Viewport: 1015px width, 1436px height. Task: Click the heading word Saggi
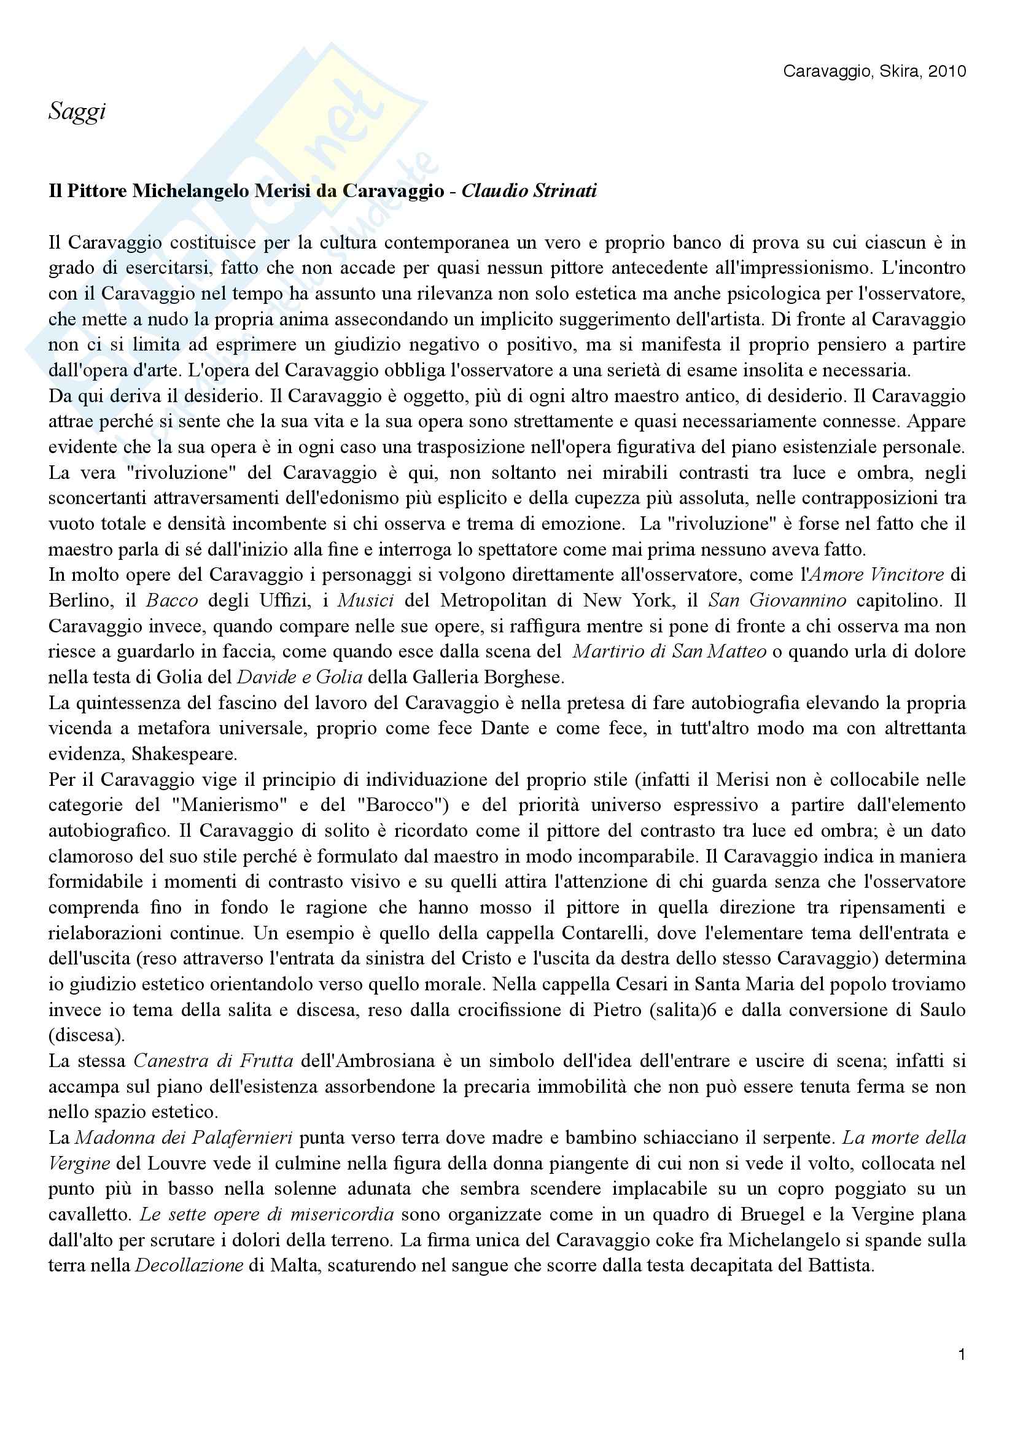77,112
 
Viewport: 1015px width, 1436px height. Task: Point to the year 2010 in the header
947,72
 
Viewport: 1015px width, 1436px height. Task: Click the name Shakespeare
184,755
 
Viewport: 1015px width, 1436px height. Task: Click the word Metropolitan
494,600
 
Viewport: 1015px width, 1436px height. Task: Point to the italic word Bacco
172,600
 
